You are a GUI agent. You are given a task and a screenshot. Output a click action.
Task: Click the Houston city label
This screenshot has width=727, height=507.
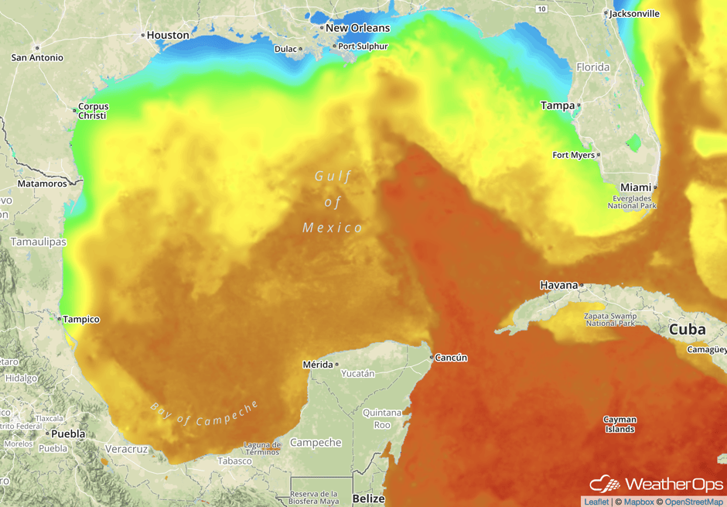point(168,35)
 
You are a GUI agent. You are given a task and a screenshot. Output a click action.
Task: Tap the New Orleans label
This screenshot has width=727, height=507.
point(357,28)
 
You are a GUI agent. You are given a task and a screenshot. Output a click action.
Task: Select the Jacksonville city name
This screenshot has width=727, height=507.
point(634,13)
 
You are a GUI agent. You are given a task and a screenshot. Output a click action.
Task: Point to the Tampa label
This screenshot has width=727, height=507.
point(558,105)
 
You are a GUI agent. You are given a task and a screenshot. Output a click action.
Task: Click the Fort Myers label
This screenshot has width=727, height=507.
point(573,155)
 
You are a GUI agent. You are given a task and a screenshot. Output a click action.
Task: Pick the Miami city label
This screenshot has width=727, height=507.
point(636,187)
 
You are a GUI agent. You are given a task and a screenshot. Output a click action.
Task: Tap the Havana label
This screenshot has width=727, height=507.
point(558,285)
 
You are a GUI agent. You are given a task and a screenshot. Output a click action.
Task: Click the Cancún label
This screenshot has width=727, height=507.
point(451,358)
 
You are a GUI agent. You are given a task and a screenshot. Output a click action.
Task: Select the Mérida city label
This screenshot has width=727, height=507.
point(317,364)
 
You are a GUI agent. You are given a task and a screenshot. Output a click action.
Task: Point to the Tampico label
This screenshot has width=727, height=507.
point(82,319)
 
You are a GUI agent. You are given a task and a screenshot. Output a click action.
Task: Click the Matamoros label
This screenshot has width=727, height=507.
point(42,183)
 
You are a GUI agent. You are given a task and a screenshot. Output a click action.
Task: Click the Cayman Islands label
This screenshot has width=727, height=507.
point(619,424)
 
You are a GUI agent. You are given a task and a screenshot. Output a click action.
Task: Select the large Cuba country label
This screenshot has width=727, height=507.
point(687,329)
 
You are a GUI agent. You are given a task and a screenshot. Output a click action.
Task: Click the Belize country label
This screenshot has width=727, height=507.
point(368,498)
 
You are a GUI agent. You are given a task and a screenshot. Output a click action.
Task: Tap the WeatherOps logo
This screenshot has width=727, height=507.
point(657,485)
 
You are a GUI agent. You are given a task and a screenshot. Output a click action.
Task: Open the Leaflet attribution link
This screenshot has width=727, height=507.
point(596,502)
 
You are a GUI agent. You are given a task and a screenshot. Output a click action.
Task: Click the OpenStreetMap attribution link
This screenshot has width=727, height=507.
point(694,502)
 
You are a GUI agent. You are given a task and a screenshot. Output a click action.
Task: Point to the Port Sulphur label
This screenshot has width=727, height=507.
point(363,46)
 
